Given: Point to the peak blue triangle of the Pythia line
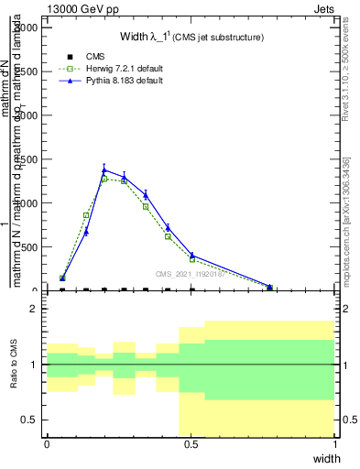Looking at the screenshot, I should tap(104, 169).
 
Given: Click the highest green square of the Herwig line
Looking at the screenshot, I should tap(104, 179).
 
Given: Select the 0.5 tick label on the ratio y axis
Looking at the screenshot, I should tap(27, 420).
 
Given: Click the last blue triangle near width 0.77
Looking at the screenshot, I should tap(269, 287).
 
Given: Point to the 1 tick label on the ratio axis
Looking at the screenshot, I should tap(33, 365).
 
